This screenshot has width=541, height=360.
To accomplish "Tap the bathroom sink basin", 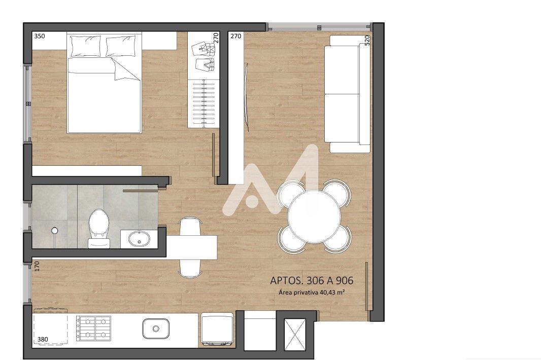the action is [139, 238].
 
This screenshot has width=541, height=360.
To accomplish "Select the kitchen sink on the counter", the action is [156, 328].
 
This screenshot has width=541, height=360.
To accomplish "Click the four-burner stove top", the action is [93, 328].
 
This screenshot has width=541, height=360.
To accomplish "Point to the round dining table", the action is [314, 217].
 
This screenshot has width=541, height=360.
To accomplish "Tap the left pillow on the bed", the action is [86, 46].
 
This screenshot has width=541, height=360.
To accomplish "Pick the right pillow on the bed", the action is [120, 46].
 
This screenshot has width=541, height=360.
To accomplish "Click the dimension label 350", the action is [40, 36].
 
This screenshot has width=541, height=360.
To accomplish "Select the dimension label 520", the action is [367, 40].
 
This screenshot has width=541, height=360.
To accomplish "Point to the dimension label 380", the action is [43, 339].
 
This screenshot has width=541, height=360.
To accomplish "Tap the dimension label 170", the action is [37, 266].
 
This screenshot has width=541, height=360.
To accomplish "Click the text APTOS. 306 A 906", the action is [312, 280].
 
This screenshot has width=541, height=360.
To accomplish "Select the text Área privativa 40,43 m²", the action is [312, 293].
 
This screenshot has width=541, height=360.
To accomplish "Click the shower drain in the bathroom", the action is [54, 230].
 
